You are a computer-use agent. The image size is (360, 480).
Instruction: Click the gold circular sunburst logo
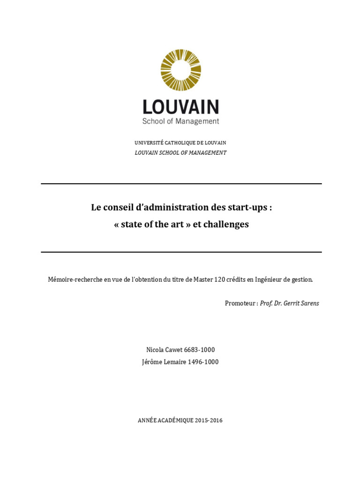tap(180, 70)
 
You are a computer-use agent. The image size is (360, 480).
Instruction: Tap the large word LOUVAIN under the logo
tap(180, 107)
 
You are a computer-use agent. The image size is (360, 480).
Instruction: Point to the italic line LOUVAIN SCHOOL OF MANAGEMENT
tap(180, 153)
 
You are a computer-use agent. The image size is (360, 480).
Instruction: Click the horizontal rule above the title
tap(181, 184)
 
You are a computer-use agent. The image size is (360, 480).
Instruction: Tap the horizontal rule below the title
tap(181, 252)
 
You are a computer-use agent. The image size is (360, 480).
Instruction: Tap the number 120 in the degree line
tap(220, 279)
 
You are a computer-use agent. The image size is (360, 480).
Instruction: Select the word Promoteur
tap(240, 303)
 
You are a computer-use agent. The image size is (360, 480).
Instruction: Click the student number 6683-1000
tap(200, 350)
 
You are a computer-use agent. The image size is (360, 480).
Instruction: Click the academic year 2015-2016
tap(206, 420)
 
